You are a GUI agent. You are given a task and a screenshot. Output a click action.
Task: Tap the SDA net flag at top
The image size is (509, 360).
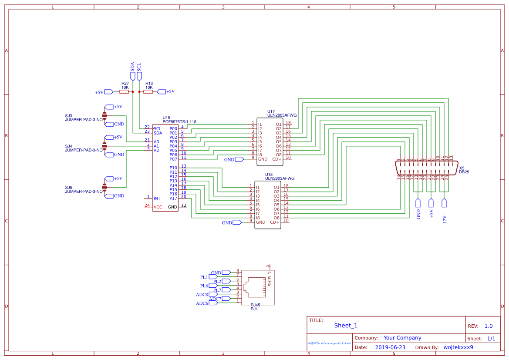[132, 76]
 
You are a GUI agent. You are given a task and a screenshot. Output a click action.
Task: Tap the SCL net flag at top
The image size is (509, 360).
[139, 76]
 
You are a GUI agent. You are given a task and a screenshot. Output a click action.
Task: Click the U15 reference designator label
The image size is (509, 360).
[166, 118]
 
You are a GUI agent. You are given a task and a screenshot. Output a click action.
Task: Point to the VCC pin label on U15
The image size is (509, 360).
[158, 207]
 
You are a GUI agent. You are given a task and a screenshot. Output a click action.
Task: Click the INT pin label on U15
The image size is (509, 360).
[157, 199]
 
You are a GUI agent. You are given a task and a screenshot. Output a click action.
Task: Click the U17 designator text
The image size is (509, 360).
[271, 111]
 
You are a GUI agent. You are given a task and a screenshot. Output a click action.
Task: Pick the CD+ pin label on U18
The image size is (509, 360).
[274, 222]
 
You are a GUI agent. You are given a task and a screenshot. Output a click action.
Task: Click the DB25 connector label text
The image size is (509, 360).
[464, 172]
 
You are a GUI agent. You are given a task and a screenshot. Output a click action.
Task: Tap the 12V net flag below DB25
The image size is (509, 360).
[444, 203]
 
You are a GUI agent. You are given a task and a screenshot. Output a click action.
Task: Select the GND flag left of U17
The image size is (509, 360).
[239, 159]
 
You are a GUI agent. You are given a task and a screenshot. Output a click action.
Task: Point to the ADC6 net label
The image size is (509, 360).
[202, 303]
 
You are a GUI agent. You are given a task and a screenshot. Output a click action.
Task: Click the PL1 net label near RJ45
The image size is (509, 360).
[204, 277]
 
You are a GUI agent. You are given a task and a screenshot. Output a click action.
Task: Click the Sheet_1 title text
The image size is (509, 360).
[345, 326]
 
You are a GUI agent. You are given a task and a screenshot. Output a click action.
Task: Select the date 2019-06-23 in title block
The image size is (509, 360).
[390, 347]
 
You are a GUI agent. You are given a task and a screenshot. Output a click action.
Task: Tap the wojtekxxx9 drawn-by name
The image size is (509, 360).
[458, 347]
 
